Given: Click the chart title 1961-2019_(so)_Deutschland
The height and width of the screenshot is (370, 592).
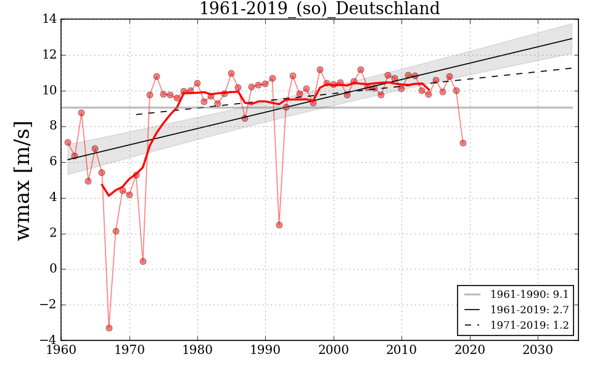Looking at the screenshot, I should tap(319, 9).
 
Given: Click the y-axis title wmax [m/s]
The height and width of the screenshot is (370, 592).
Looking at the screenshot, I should tap(23, 179).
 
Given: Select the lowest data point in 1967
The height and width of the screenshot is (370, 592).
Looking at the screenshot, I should tap(109, 328).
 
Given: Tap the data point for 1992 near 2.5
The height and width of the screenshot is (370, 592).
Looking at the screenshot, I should tap(279, 225).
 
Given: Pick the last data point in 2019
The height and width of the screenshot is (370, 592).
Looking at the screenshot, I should tap(462, 143).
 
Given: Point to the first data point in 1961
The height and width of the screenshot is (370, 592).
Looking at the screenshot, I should tap(68, 142).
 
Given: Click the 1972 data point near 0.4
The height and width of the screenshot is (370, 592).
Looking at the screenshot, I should tap(142, 261).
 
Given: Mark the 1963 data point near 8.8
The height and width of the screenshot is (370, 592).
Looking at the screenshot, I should tap(81, 113).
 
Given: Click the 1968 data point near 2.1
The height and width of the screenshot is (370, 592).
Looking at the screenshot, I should tap(115, 231).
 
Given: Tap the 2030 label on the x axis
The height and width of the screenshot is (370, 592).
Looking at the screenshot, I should tap(538, 350).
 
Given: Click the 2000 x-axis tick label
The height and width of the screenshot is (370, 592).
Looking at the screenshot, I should tap(334, 350).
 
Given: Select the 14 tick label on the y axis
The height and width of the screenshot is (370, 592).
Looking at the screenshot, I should tap(50, 19).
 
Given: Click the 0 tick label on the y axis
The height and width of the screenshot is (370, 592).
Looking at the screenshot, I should tap(53, 269).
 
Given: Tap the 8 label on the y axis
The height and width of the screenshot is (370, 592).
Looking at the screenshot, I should tap(53, 126).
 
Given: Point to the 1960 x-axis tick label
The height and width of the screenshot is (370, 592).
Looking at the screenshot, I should tap(61, 350).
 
